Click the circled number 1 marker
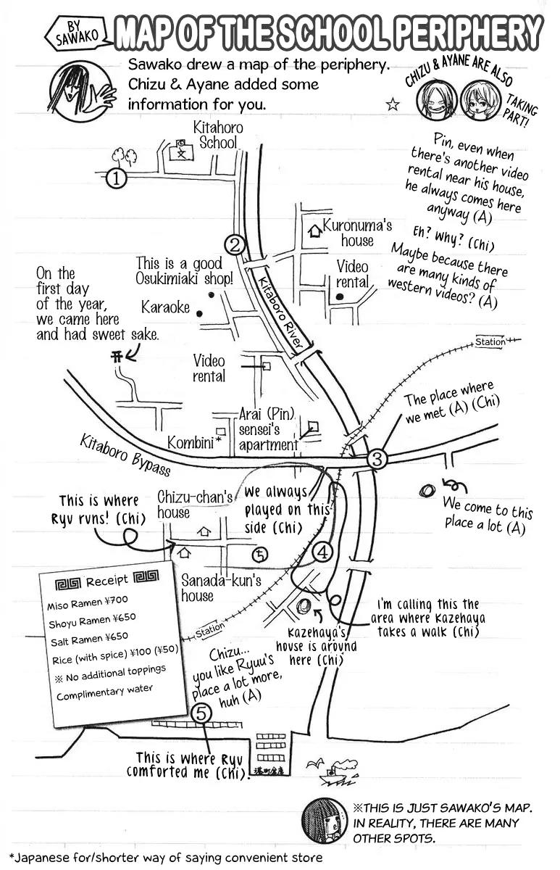(x=116, y=177)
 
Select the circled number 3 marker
(x=377, y=459)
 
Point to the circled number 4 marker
(x=323, y=552)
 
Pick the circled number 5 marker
(x=202, y=713)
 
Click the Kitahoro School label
(x=217, y=135)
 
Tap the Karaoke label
(x=165, y=307)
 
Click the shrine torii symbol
(x=116, y=356)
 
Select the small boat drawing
(x=335, y=774)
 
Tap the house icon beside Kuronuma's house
(x=315, y=232)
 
